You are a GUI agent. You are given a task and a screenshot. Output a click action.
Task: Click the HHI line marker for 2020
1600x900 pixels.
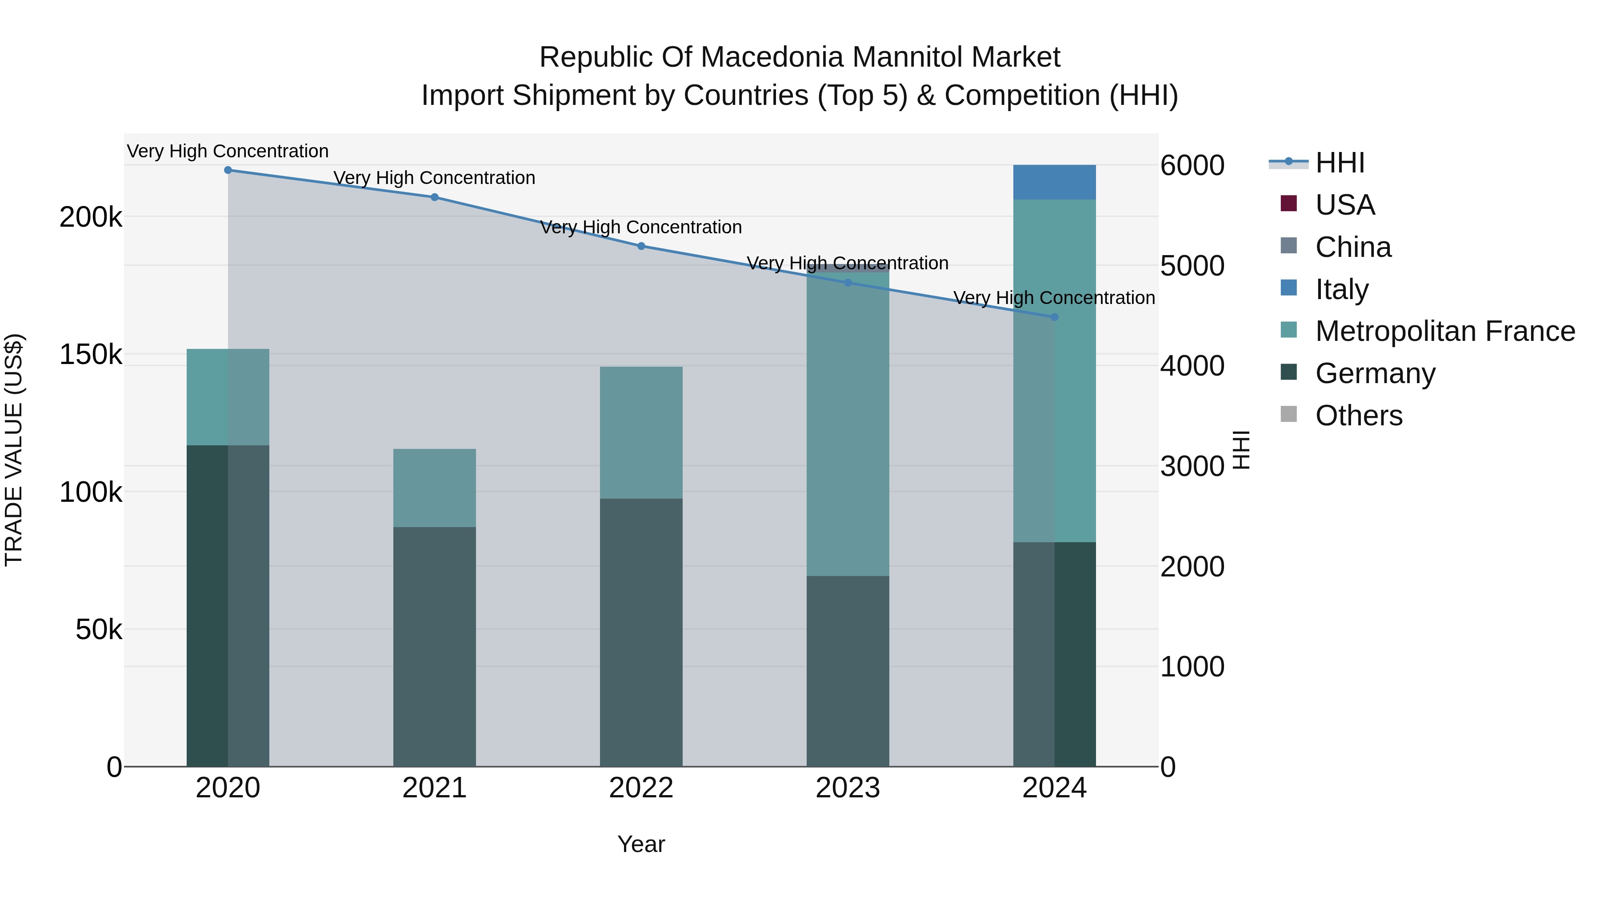(228, 170)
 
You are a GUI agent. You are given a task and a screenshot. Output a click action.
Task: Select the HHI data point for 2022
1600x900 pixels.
(641, 246)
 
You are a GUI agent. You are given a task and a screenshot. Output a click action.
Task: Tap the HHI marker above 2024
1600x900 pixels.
(1054, 317)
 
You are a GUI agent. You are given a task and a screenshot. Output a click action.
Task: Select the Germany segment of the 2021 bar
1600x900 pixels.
(434, 646)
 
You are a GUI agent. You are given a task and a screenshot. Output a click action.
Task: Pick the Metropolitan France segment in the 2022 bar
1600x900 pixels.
(641, 433)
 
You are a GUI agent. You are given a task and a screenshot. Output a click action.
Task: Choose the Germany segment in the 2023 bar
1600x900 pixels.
(847, 671)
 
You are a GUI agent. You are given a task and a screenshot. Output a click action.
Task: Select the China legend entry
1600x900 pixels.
(1353, 247)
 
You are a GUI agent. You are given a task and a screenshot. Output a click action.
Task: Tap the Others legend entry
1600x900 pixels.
(1358, 416)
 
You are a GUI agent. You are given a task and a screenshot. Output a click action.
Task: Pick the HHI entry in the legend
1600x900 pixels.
(1340, 163)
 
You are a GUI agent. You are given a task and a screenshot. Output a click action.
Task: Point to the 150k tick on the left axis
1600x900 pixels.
(91, 355)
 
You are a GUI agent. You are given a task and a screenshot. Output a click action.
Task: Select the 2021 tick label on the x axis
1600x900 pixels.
(434, 788)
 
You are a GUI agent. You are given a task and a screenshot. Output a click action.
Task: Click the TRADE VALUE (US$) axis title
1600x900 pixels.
(14, 450)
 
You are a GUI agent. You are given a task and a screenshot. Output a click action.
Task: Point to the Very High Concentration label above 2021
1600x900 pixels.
(434, 178)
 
